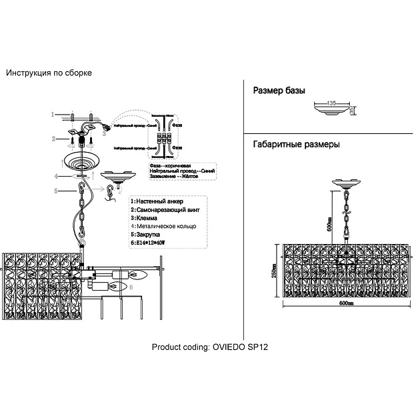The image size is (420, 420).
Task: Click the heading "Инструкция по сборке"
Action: click(49, 73)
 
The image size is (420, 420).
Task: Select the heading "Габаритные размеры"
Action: click(297, 144)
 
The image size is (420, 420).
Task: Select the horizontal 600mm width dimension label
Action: click(345, 303)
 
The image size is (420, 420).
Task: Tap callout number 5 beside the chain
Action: click(56, 191)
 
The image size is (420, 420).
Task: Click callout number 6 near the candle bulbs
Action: click(131, 287)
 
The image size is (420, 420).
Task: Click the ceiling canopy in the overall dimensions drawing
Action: click(347, 182)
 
